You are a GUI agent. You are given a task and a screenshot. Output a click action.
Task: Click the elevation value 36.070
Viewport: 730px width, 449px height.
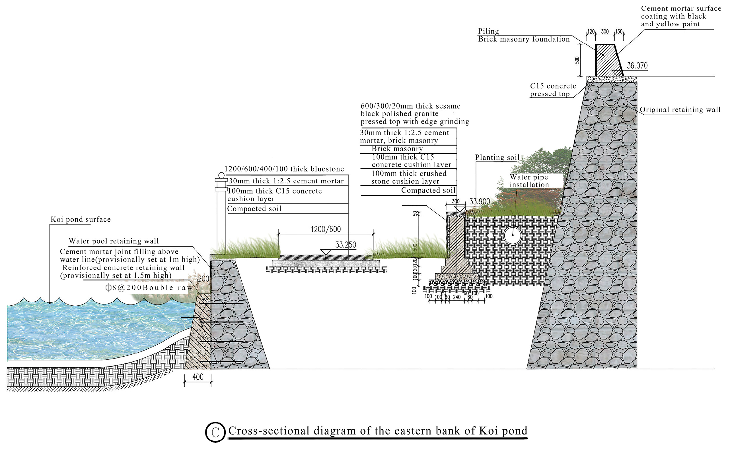637,66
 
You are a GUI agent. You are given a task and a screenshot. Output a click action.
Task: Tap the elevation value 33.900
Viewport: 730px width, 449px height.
480,202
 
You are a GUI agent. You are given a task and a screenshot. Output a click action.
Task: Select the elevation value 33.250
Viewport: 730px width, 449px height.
346,245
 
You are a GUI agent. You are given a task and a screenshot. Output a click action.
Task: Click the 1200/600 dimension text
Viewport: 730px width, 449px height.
326,229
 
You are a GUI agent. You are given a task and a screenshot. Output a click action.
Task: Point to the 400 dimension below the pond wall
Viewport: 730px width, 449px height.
198,377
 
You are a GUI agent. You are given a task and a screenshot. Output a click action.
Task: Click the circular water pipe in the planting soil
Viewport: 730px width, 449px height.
513,235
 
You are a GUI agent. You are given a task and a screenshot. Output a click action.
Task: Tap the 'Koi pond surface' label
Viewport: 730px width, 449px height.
81,220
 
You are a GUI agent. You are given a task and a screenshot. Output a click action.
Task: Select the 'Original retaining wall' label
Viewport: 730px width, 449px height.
680,109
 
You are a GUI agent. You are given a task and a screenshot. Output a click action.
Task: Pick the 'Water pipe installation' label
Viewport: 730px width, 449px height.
529,181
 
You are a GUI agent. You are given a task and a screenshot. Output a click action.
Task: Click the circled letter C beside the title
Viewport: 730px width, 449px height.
215,432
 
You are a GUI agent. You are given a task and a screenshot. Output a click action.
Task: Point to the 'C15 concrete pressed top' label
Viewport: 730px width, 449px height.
553,90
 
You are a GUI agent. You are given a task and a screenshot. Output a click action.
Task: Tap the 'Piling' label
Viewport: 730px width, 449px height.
488,31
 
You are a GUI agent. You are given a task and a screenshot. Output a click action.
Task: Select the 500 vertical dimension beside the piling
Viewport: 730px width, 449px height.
577,60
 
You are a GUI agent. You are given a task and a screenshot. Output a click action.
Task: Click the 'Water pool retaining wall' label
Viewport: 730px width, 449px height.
114,241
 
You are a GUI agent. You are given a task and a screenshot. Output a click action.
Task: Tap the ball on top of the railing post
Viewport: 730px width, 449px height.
221,175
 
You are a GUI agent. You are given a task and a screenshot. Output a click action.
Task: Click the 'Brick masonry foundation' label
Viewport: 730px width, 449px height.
523,39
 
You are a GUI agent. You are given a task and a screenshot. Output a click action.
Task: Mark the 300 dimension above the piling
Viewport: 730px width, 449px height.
605,32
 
